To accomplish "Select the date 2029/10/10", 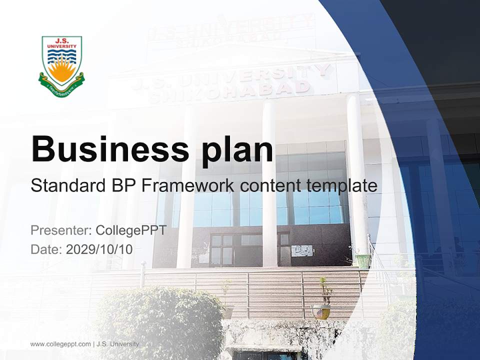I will [99, 249].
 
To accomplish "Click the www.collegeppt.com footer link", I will [60, 344].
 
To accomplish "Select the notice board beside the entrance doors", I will [301, 250].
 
